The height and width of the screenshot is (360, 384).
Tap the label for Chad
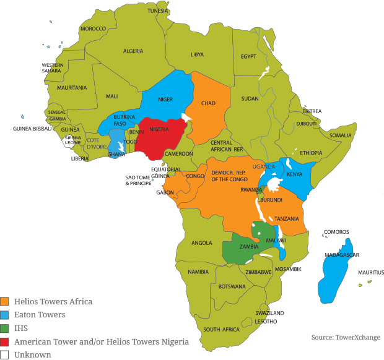[208, 103]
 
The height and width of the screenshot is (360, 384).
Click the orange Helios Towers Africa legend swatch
[4, 302]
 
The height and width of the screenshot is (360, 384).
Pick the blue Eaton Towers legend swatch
[4, 315]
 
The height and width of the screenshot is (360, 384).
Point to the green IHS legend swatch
[4, 328]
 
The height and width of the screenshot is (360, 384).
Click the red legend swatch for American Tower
[4, 342]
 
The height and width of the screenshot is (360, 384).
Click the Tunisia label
[158, 11]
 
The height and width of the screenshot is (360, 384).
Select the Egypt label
[248, 56]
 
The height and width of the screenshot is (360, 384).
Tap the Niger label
[165, 99]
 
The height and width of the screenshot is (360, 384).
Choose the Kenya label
[294, 174]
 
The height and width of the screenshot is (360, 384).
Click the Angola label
[202, 243]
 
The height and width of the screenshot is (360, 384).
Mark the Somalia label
[340, 135]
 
